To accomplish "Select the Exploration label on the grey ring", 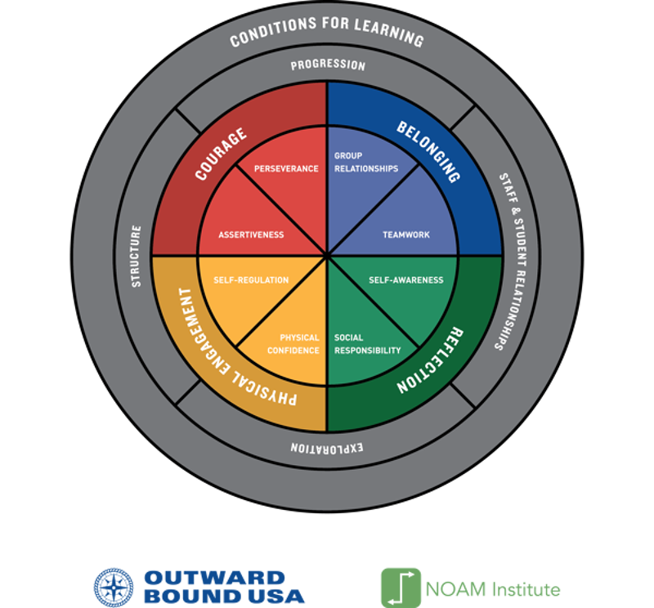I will click(327, 449).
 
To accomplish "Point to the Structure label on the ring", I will click(137, 256).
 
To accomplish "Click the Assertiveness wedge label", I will click(251, 235).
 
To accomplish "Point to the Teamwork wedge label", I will click(405, 235).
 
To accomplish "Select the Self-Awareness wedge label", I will click(405, 280).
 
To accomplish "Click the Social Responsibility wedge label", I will click(367, 344).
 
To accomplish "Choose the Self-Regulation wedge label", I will click(251, 280).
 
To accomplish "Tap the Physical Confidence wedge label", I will click(299, 344).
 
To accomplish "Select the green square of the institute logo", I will click(401, 587).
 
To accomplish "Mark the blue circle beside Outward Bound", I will click(113, 587).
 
